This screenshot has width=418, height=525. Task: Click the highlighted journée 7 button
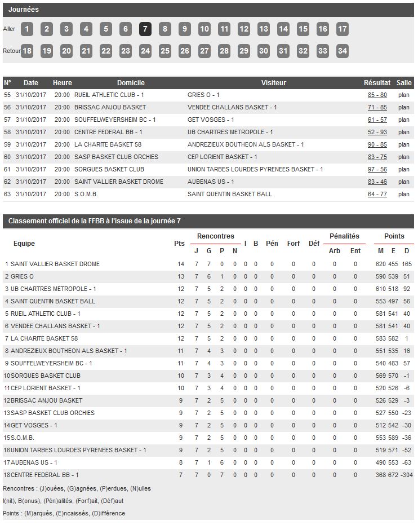(x=145, y=29)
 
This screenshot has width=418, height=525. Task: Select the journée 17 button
(x=342, y=29)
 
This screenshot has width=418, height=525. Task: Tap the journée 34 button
(x=342, y=51)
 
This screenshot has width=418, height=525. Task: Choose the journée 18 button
(x=26, y=51)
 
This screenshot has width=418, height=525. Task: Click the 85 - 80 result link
(x=377, y=95)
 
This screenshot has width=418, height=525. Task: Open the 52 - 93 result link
(x=377, y=132)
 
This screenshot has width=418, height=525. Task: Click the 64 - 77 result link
(x=377, y=194)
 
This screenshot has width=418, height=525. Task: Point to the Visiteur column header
(x=273, y=83)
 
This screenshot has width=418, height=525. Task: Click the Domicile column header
(x=131, y=83)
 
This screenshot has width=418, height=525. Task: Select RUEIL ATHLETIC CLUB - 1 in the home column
(x=109, y=95)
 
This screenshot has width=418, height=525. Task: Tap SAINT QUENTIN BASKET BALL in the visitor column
(x=229, y=194)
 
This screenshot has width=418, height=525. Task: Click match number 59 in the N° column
(x=7, y=144)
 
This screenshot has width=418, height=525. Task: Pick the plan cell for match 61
(x=403, y=169)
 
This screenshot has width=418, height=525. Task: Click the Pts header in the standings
(x=179, y=244)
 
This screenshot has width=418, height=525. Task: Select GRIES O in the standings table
(x=23, y=276)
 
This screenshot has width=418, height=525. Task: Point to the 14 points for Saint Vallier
(x=181, y=264)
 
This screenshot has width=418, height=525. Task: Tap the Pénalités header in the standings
(x=344, y=236)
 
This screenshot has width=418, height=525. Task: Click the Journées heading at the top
(x=24, y=10)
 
